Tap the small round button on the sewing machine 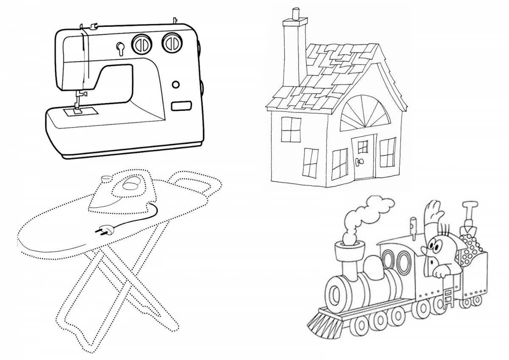pos(175,85)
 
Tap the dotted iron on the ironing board pos(127,190)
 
